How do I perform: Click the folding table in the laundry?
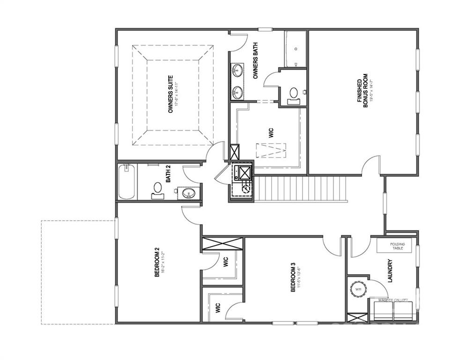(397, 246)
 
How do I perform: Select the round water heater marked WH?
(359, 289)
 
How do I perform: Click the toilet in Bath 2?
(158, 189)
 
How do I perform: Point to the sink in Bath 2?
(189, 192)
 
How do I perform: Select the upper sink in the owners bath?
(237, 71)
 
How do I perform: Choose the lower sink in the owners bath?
(237, 91)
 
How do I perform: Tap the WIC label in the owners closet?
(271, 132)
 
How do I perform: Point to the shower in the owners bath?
(295, 50)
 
